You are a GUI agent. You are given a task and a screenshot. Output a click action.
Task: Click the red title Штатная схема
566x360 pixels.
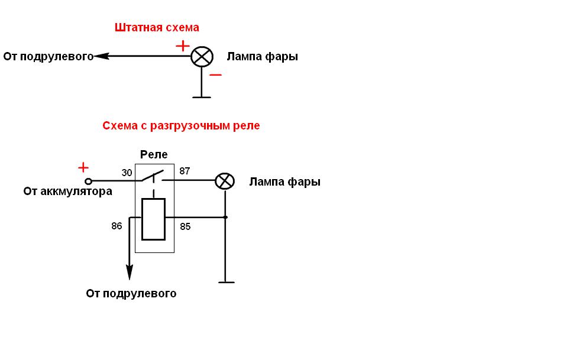pos(157,28)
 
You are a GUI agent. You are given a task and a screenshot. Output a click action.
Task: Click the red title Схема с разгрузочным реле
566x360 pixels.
pos(181,126)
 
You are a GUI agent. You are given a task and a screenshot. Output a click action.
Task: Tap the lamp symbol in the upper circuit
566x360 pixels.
pos(202,57)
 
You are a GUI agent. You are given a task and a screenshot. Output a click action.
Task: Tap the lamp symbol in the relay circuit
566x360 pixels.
pos(224,181)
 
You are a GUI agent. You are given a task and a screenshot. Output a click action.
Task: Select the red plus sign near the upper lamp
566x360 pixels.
pos(183,46)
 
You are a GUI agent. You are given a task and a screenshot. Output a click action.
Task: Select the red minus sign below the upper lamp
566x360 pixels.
pos(216,75)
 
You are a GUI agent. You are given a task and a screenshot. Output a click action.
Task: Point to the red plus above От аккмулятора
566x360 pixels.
pos(83,167)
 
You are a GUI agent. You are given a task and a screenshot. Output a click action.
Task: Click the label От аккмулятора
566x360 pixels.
pos(67,192)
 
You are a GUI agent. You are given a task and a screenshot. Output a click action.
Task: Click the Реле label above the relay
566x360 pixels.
pos(154,155)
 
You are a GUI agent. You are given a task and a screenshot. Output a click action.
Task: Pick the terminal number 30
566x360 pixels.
pos(127,173)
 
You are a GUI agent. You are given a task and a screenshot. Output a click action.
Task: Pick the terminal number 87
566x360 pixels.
pos(185,171)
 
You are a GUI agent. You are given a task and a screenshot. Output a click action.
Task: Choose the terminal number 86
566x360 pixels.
pos(117,226)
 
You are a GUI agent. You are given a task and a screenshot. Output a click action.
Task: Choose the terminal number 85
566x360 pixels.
pos(185,226)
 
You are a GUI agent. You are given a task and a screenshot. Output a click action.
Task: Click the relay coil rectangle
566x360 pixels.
pos(154,219)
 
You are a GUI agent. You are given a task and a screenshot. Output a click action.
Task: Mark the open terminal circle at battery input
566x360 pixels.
pos(89,180)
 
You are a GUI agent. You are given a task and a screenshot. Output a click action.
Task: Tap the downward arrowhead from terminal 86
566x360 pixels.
pos(129,273)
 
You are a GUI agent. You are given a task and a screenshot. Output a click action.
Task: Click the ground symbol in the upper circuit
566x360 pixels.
pos(202,96)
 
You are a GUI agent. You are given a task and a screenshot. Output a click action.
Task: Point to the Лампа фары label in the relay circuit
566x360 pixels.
pos(284,182)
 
